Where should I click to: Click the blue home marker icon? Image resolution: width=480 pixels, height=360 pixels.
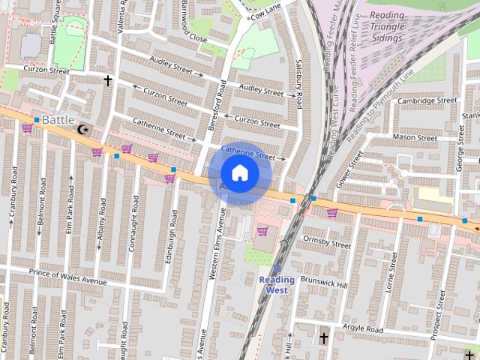pyautogui.click(x=239, y=173)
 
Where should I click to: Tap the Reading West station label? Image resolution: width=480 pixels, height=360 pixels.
pyautogui.click(x=277, y=285)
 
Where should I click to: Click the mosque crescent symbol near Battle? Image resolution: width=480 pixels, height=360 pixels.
pyautogui.click(x=82, y=130)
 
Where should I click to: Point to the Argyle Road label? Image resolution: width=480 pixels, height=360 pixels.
pyautogui.click(x=362, y=329)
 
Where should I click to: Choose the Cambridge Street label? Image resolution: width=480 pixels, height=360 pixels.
pyautogui.click(x=427, y=100)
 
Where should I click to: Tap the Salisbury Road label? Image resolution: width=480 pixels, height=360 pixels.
pyautogui.click(x=298, y=82)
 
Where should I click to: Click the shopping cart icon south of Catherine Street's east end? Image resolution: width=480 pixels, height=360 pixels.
pyautogui.click(x=262, y=231)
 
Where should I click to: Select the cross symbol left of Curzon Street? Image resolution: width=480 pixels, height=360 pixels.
pyautogui.click(x=107, y=79)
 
